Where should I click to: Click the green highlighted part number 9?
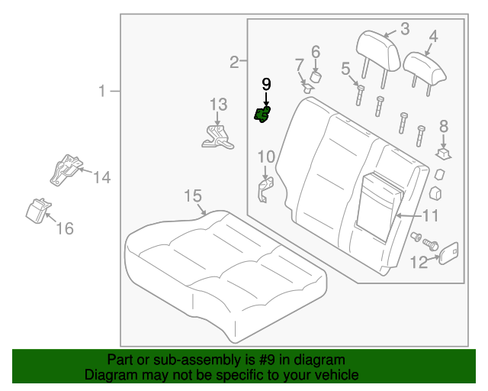point(262,115)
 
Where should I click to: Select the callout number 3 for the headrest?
point(405,30)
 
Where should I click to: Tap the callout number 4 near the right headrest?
point(433,35)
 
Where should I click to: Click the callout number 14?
point(102,178)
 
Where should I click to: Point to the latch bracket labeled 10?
point(265,188)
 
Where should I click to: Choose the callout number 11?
point(431,215)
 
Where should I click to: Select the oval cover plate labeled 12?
point(448,253)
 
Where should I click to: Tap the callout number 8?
point(444,127)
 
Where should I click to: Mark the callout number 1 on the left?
point(102,92)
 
